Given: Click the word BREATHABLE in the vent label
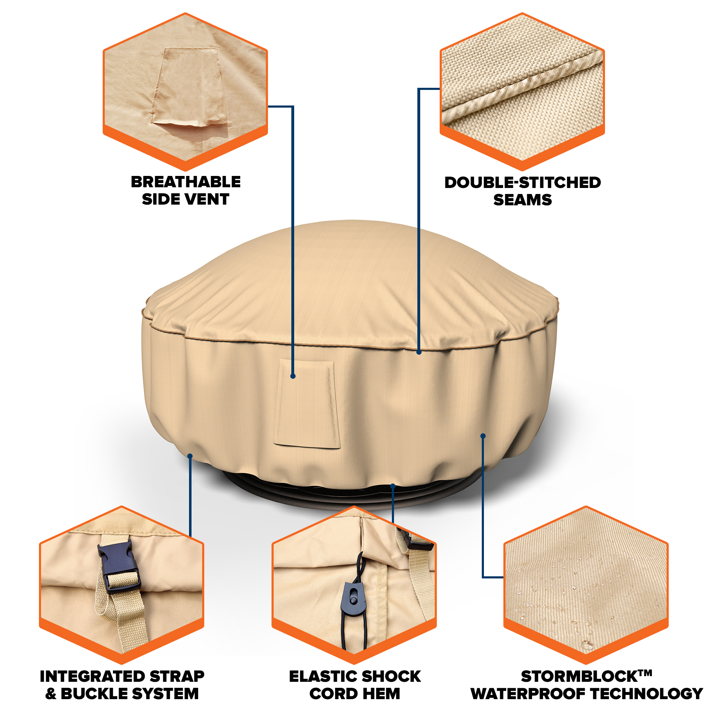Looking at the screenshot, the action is (186, 182).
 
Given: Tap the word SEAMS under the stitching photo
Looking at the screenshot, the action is (523, 200).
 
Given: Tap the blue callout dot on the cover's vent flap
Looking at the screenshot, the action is (293, 376).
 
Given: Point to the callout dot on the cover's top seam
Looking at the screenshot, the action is (419, 352).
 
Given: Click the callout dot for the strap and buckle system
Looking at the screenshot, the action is (190, 456).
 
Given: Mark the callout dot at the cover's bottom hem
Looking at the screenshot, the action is (393, 486).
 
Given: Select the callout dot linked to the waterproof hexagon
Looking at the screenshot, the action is (483, 436).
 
